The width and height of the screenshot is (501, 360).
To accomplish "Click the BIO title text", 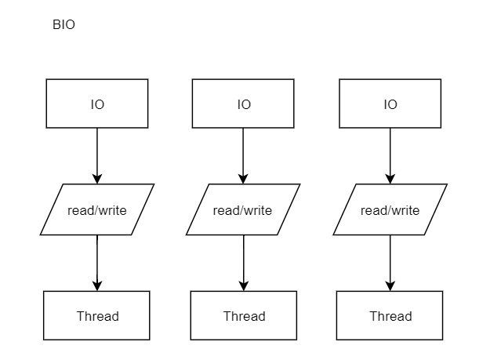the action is coord(64,24).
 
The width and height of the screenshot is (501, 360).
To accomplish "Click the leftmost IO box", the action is coord(97,104).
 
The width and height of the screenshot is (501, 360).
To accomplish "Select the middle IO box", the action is coord(243,104).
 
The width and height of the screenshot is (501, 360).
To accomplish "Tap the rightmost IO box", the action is coord(390,104).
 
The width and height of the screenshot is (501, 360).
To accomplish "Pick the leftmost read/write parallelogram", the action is coord(97,209).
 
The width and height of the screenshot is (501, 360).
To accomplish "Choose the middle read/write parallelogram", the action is coord(243,209).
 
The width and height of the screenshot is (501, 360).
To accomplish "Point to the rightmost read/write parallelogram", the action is coord(390,209).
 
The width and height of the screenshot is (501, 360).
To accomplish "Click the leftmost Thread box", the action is coord(96,315).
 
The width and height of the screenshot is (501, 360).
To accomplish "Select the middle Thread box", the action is coord(244,315).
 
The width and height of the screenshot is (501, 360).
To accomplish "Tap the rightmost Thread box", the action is coord(390,315).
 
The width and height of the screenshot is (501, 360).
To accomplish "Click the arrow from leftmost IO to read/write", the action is coord(97,156).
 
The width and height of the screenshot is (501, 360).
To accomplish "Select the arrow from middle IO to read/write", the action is coord(243,156).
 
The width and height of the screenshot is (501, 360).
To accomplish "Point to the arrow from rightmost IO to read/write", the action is coord(390,156).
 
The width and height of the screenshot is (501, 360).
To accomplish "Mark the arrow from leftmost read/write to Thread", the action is coord(97,263).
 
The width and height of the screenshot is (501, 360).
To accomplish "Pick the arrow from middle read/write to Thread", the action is coord(244,263).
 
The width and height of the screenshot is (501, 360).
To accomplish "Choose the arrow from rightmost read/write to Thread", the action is coord(390,263).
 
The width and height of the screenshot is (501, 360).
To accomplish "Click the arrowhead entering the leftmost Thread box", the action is coord(97,285).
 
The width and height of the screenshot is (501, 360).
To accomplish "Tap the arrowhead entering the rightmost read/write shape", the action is coord(390,179).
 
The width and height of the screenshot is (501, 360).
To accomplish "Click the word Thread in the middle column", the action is coord(245,316).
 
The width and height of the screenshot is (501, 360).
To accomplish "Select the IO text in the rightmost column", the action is coord(390,104).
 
